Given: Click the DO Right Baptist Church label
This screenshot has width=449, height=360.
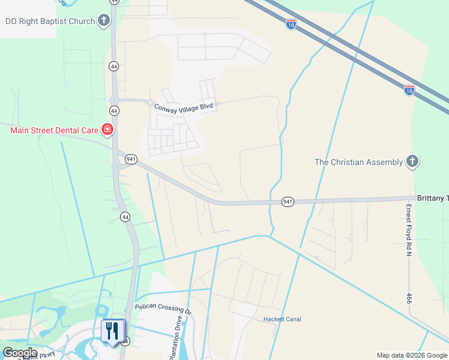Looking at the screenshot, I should tap(50, 21).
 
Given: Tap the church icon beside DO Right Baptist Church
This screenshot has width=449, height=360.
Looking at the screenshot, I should tap(104, 21).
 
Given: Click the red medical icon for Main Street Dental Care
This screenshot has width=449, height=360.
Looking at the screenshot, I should tap(107, 129).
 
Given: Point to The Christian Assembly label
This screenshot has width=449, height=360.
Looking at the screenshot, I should tap(359, 162).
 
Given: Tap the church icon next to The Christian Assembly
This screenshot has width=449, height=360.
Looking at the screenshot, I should tap(412, 161).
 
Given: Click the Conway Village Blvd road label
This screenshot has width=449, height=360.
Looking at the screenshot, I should tap(184, 107).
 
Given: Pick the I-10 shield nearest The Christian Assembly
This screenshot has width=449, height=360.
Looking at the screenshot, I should tap(409, 90).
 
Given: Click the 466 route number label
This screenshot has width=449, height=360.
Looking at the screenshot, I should tap(410, 298).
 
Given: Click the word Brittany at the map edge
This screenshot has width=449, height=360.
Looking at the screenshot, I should tap(431, 198).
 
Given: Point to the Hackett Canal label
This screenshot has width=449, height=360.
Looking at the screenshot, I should tap(282, 319).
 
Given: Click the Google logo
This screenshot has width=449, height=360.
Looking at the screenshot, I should tap(20, 353).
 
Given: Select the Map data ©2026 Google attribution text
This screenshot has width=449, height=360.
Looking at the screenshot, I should tap(412, 355).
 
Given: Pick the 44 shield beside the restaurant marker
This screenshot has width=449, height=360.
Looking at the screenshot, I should tap(125, 341).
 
